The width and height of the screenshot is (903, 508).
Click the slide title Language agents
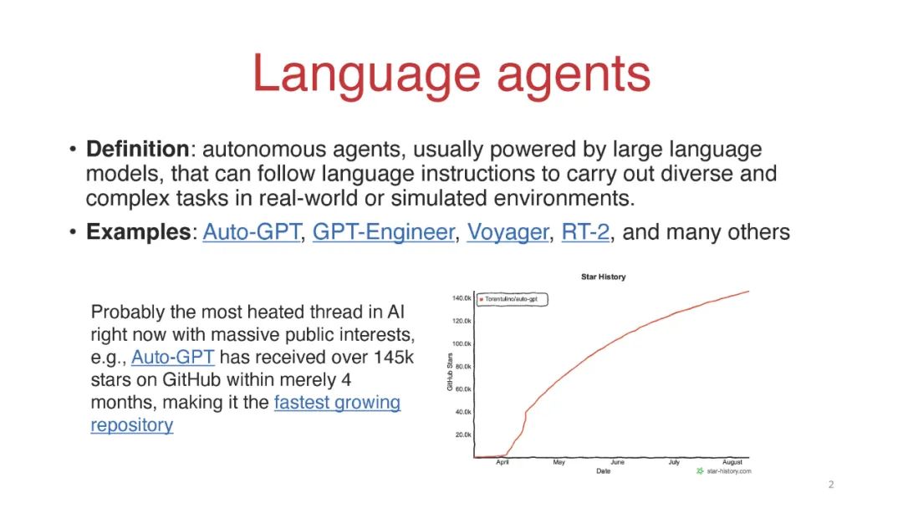[451, 74]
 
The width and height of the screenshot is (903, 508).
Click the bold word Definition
[138, 149]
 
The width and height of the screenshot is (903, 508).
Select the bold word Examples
[138, 231]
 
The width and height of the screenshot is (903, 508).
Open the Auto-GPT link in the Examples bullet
[252, 231]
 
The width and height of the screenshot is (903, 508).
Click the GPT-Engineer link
[384, 231]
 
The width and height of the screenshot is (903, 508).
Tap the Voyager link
[508, 232]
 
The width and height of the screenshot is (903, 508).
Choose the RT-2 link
[585, 231]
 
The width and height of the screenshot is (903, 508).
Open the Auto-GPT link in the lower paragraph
[173, 358]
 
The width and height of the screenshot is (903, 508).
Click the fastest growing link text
[337, 402]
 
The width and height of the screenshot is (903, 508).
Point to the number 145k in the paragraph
[393, 358]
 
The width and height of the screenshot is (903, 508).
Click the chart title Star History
[603, 277]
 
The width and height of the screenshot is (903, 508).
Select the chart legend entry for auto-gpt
[512, 299]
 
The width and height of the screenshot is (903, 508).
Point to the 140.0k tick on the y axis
[462, 298]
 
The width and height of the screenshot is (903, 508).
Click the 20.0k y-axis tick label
[463, 435]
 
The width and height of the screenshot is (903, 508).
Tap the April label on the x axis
[503, 462]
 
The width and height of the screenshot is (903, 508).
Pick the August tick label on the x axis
[732, 462]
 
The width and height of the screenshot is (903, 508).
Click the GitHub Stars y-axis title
[450, 372]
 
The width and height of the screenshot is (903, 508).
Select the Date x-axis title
[603, 471]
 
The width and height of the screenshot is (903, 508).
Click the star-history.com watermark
[724, 471]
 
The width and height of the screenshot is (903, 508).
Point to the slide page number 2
[831, 485]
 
